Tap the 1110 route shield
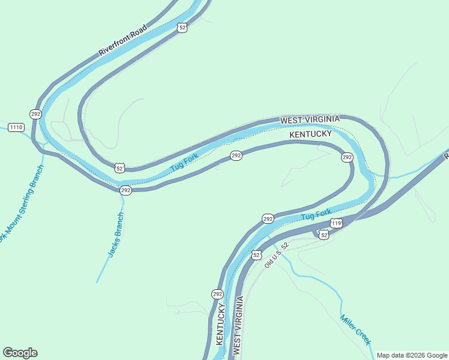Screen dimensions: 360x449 (16, 127)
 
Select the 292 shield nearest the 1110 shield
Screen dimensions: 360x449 (35, 113)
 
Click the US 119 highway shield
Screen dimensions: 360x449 (336, 224)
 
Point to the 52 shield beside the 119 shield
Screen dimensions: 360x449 (324, 235)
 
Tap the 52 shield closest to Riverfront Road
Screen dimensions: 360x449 (182, 28)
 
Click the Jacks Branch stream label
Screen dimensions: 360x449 (116, 235)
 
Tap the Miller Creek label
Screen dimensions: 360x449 (355, 329)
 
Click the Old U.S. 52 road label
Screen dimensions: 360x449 (277, 255)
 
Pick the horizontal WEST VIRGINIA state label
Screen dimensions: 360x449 (310, 120)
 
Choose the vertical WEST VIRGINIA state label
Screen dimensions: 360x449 (238, 327)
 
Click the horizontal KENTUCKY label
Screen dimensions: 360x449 (310, 134)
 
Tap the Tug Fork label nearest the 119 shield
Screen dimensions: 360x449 (316, 214)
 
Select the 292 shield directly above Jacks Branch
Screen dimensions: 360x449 (125, 190)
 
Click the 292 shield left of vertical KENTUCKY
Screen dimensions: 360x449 (217, 294)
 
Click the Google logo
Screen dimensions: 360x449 (20, 353)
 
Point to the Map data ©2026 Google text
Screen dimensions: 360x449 (412, 355)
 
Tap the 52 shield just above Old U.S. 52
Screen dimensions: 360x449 (257, 255)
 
